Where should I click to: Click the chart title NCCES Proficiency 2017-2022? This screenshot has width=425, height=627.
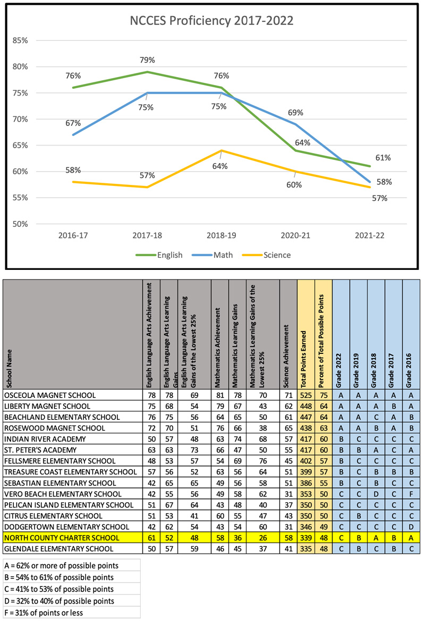click(x=212, y=21)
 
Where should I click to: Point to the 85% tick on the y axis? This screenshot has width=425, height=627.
click(x=20, y=40)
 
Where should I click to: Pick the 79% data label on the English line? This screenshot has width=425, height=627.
click(x=148, y=60)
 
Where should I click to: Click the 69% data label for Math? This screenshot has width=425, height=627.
click(x=296, y=113)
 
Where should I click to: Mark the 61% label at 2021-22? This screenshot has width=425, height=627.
click(x=383, y=158)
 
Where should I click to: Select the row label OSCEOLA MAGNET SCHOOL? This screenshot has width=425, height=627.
click(x=50, y=395)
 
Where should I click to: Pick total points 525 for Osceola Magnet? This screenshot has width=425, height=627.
click(x=305, y=395)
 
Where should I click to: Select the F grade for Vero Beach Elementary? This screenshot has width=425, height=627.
click(x=411, y=494)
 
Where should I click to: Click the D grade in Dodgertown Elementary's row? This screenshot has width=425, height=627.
click(x=411, y=527)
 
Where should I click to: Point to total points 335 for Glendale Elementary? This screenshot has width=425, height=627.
click(x=305, y=548)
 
